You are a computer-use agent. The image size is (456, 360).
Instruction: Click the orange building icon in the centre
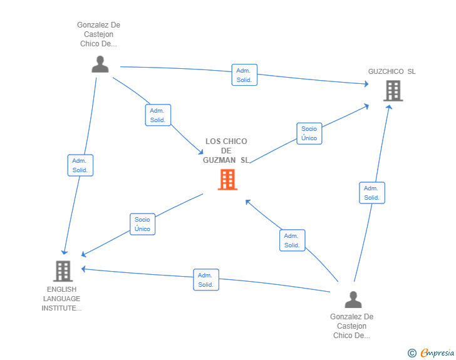227,180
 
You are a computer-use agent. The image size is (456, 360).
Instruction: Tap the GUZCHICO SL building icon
393,91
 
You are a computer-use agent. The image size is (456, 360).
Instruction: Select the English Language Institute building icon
63,271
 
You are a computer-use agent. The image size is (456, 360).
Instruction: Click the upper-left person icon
100,64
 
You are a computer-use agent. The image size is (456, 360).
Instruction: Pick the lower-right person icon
353,299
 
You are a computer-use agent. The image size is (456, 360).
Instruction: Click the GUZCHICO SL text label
391,71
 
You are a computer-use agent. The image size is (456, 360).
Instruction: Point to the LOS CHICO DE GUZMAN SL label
226,150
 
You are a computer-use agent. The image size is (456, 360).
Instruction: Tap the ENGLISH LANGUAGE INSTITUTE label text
61,299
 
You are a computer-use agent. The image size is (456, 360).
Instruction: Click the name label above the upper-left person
99,34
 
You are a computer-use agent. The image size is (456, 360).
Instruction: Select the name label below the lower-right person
352,326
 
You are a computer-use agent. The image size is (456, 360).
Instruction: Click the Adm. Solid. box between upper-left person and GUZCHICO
244,75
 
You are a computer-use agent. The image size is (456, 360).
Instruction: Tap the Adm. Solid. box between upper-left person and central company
158,115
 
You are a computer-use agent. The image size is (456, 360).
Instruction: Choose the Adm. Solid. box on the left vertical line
80,165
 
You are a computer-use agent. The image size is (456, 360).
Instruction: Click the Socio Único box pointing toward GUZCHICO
309,133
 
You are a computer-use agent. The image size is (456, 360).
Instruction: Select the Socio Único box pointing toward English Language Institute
143,224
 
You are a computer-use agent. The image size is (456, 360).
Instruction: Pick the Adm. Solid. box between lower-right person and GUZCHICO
372,193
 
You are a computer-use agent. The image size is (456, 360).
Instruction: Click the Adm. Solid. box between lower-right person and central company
292,240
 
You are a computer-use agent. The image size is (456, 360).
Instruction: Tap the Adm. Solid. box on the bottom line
206,280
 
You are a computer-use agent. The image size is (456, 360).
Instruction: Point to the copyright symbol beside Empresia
412,353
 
